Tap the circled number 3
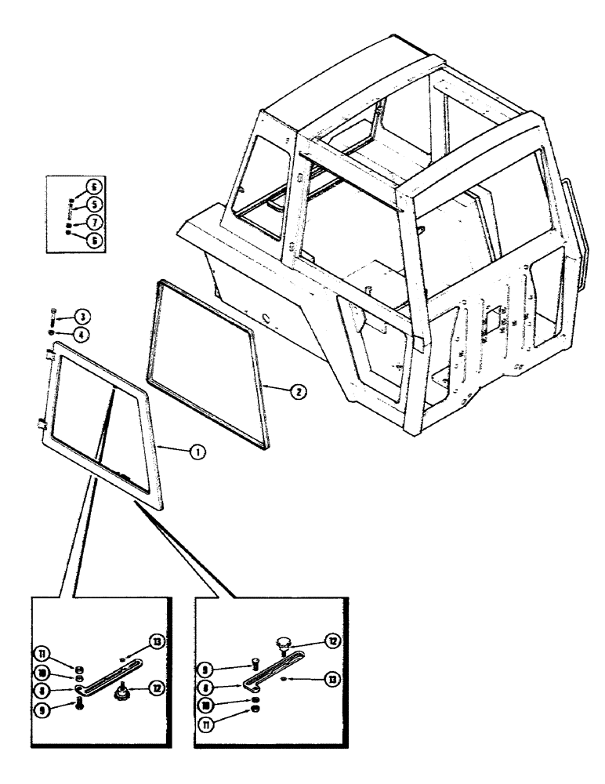pos(81,316)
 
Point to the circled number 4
pos(81,333)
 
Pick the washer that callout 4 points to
pos(53,332)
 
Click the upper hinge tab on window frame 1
pos(49,358)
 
